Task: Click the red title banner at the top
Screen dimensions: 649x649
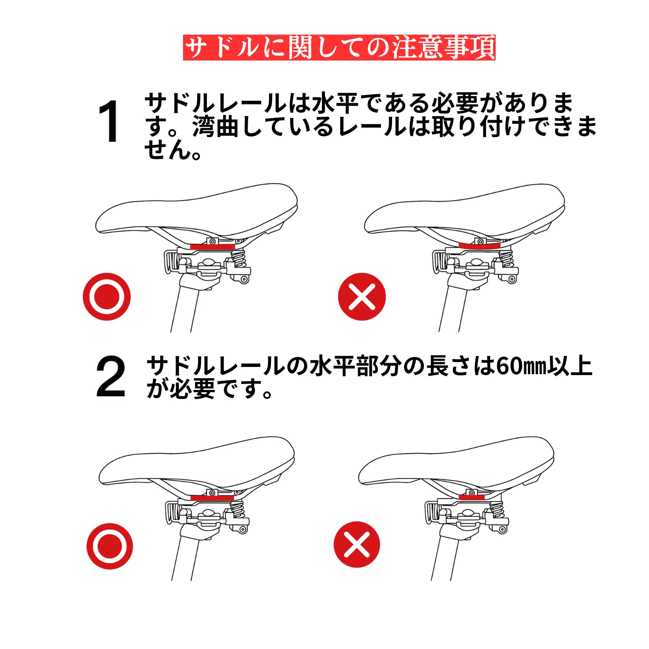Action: point(339,47)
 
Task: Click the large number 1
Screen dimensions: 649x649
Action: point(109,121)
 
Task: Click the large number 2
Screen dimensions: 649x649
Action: point(110,376)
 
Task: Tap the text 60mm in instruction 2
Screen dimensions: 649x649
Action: point(520,366)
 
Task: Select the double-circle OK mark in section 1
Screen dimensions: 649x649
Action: point(107,296)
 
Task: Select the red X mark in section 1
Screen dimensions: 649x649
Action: point(362,296)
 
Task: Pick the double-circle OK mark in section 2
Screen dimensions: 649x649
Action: point(110,546)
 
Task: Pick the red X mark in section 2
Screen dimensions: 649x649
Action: point(357,545)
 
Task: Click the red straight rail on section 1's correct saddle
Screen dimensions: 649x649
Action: point(212,246)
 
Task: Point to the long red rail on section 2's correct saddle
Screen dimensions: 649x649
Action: point(212,498)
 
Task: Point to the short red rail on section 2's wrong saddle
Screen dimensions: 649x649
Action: point(472,496)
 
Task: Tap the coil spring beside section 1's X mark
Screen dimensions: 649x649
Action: point(507,259)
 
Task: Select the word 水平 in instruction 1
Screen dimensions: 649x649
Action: point(335,103)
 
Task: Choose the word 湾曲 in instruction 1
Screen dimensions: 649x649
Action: point(215,127)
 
